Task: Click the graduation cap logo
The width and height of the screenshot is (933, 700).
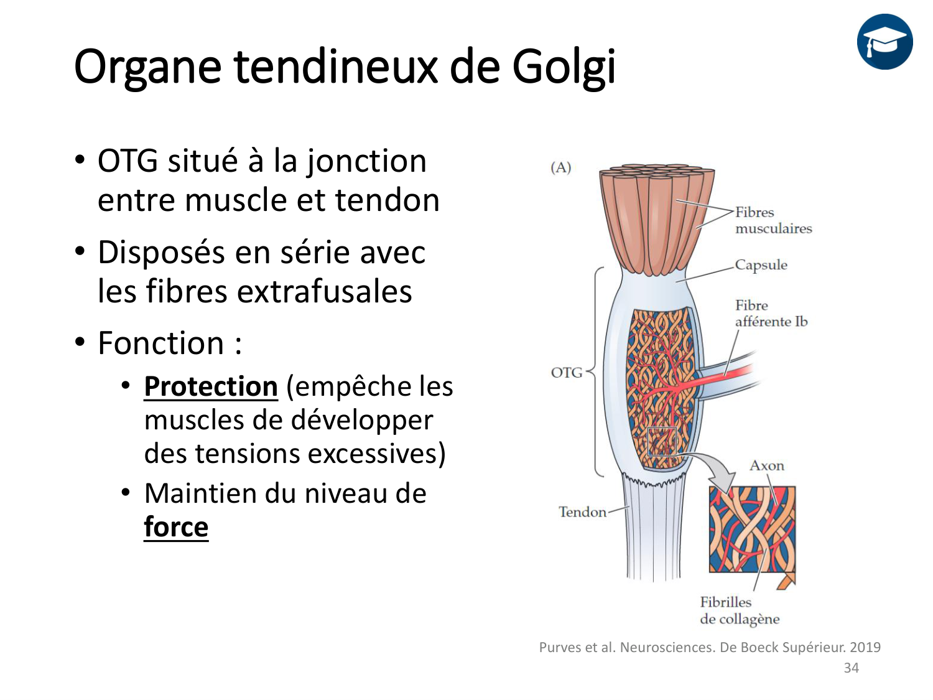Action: pyautogui.click(x=884, y=42)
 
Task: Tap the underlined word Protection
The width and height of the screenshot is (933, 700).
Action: pyautogui.click(x=210, y=386)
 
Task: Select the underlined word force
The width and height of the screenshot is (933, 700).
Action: pyautogui.click(x=176, y=527)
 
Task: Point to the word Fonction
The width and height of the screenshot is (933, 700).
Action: pyautogui.click(x=161, y=343)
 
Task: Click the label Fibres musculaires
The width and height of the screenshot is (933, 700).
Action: pyautogui.click(x=773, y=220)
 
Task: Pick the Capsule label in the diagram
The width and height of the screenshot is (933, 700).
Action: pyautogui.click(x=761, y=265)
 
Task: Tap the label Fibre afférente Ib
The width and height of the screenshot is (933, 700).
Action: pyautogui.click(x=771, y=314)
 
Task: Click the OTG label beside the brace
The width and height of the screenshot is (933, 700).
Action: pyautogui.click(x=566, y=373)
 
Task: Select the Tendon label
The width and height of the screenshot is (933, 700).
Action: pyautogui.click(x=582, y=512)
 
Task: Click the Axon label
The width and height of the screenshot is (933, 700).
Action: pyautogui.click(x=766, y=465)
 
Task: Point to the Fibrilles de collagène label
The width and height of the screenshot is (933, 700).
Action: pyautogui.click(x=739, y=610)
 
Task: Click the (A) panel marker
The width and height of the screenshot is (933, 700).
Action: pyautogui.click(x=560, y=167)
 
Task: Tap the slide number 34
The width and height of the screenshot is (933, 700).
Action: pyautogui.click(x=851, y=668)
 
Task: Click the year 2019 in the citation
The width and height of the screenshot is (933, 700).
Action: pyautogui.click(x=865, y=647)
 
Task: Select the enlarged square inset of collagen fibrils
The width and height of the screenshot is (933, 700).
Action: pyautogui.click(x=752, y=530)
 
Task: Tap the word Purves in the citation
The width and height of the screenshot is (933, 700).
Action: pyautogui.click(x=560, y=647)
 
